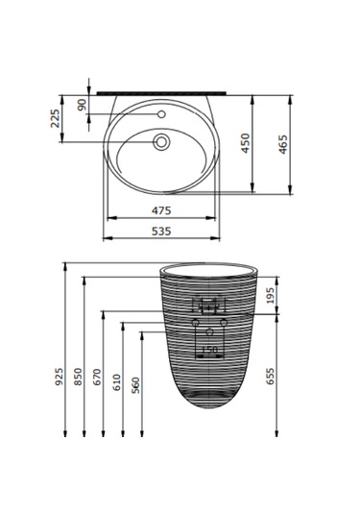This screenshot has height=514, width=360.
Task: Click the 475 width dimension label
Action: click(160, 209)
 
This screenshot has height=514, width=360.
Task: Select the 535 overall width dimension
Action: click(160, 231)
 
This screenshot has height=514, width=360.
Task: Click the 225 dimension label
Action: click(56, 118)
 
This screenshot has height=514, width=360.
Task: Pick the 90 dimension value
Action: click(83, 104)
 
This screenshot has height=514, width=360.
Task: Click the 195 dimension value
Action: click(271, 296)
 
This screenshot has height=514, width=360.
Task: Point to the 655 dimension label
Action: click(271, 375)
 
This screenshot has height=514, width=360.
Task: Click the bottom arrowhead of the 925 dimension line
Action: click(64, 433)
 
